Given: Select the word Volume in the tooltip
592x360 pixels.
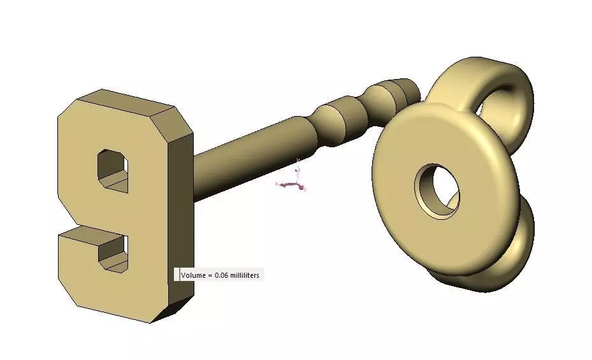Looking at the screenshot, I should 192,275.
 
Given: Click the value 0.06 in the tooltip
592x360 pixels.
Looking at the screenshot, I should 220,275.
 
